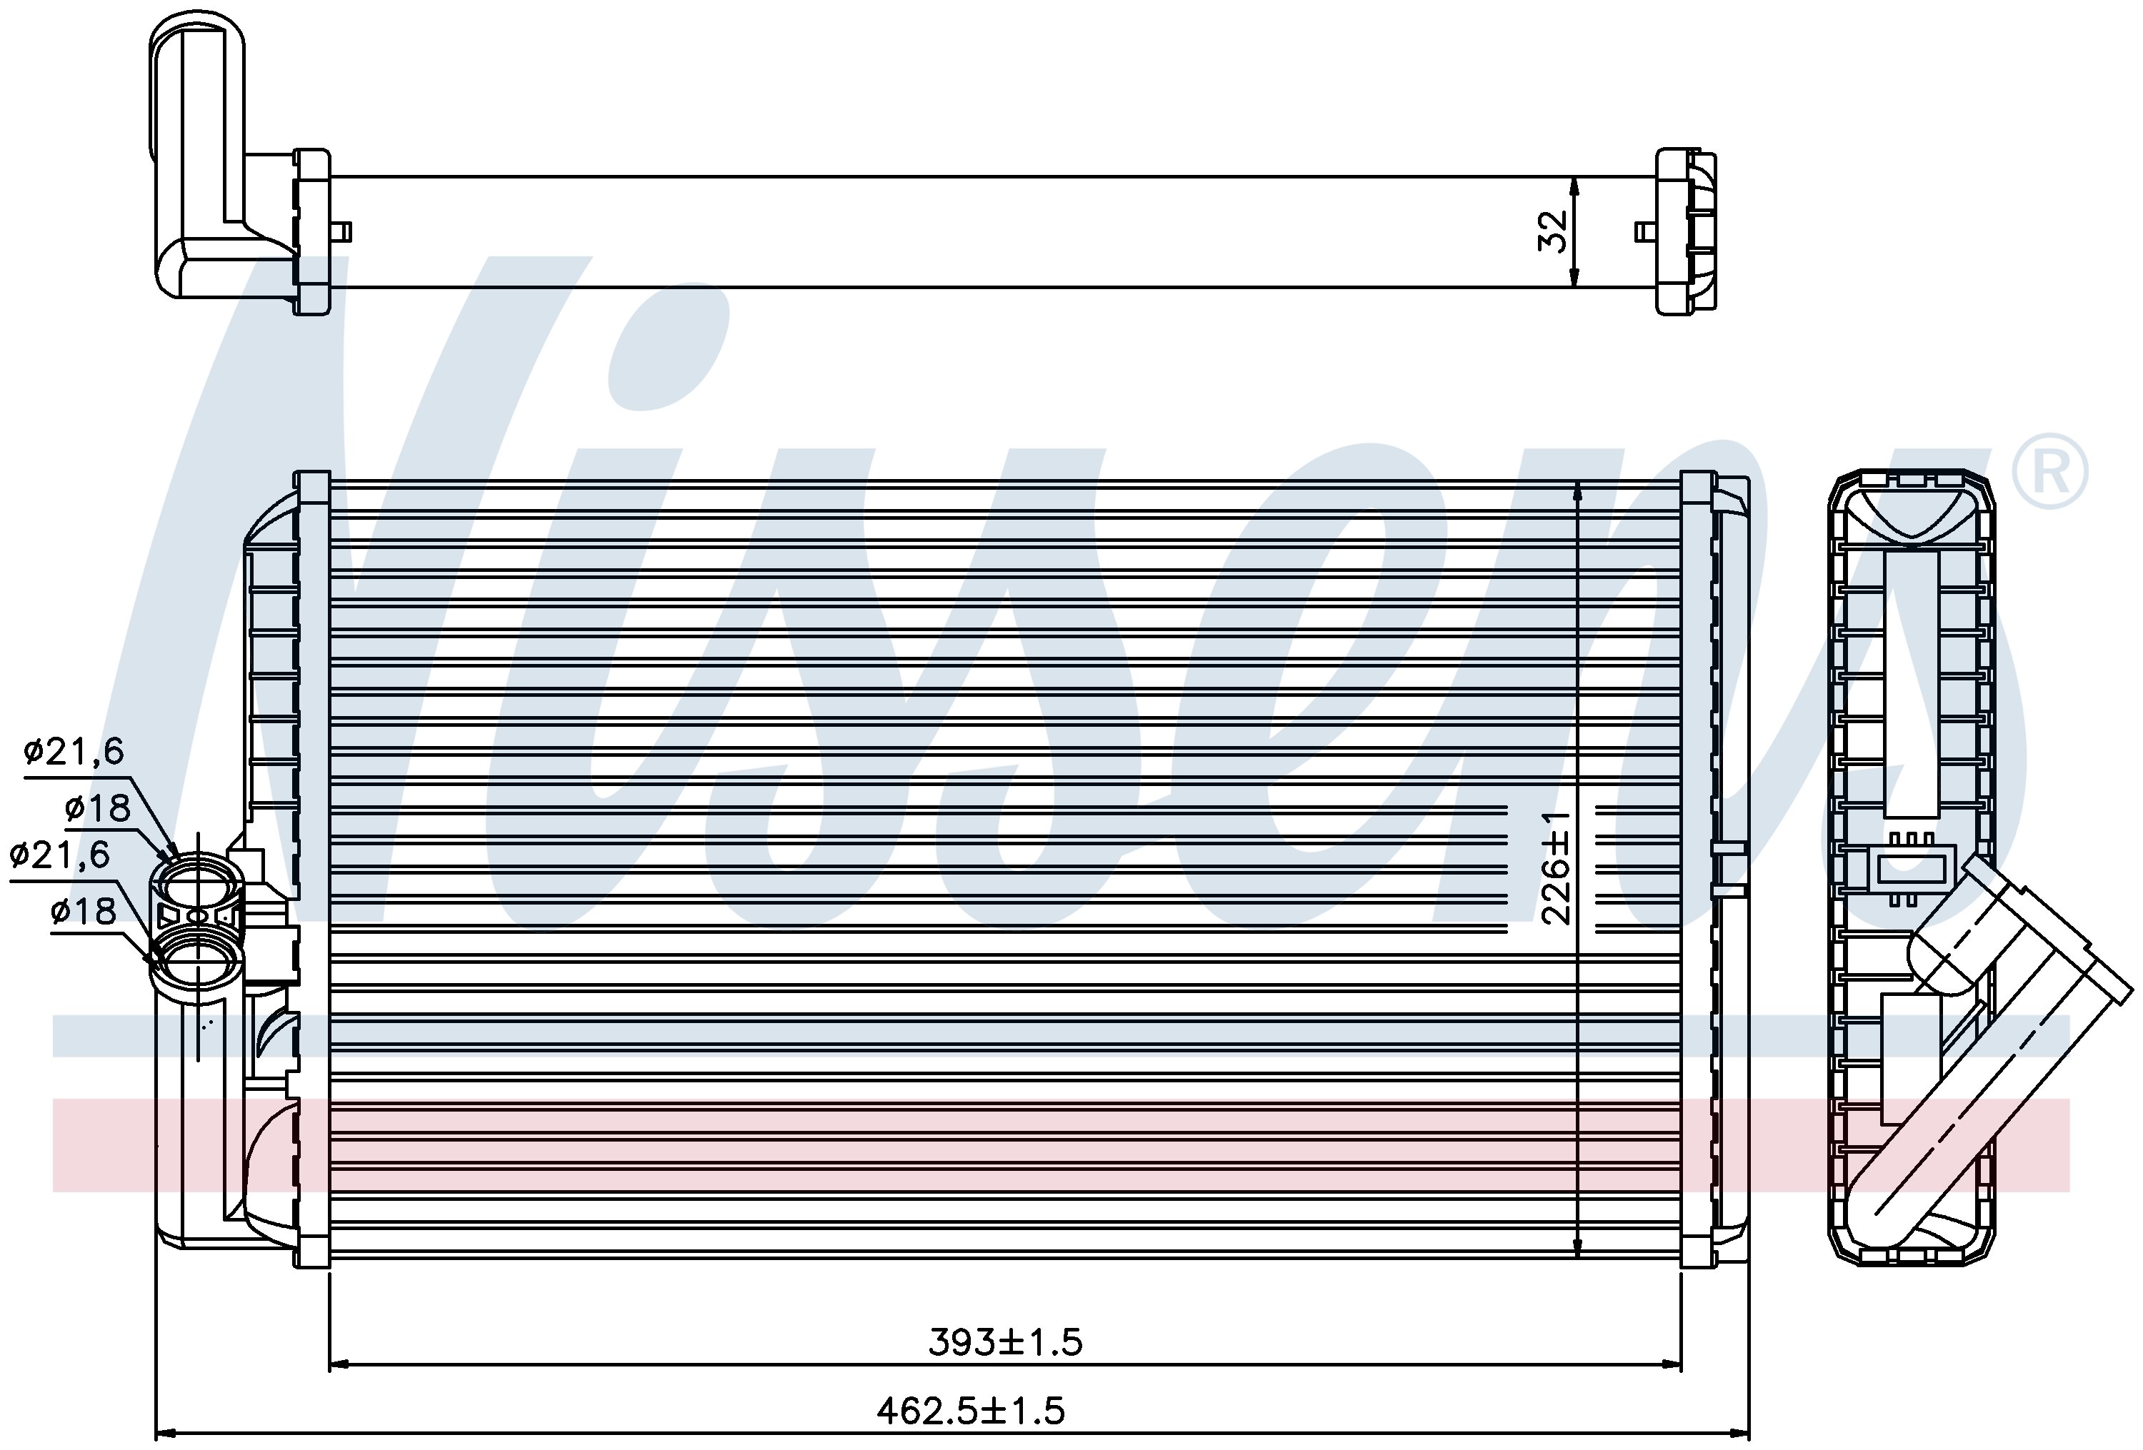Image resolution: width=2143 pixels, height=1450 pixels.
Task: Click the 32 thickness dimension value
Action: pos(1553,231)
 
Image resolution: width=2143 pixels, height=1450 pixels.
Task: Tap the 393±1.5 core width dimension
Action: pos(1005,1343)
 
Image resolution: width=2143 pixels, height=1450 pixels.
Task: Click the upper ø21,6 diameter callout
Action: pos(74,753)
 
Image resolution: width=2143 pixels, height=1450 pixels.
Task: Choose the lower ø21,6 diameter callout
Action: pos(60,855)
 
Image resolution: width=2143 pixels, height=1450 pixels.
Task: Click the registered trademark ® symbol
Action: pos(2048,472)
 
